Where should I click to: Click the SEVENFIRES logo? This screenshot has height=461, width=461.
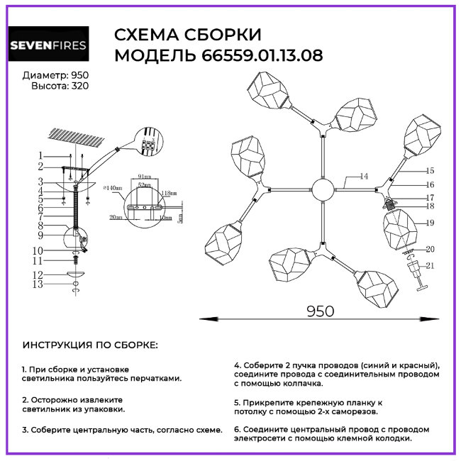(x=48, y=46)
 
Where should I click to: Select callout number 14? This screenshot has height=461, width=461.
(x=364, y=176)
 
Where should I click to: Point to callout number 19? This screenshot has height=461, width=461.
(x=430, y=223)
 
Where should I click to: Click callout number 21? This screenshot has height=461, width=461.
(x=430, y=266)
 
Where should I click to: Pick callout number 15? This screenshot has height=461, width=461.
(x=430, y=171)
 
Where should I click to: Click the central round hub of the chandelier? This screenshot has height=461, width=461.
(x=323, y=191)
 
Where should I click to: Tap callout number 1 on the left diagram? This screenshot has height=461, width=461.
(x=41, y=155)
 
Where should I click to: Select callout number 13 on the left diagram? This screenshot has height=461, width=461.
(x=40, y=284)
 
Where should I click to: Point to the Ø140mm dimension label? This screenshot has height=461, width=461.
(x=112, y=189)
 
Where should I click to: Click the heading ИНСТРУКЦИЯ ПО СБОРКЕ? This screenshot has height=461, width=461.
(x=90, y=345)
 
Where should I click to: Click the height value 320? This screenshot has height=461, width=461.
(x=79, y=86)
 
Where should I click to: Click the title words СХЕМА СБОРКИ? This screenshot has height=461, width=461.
(x=188, y=35)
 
